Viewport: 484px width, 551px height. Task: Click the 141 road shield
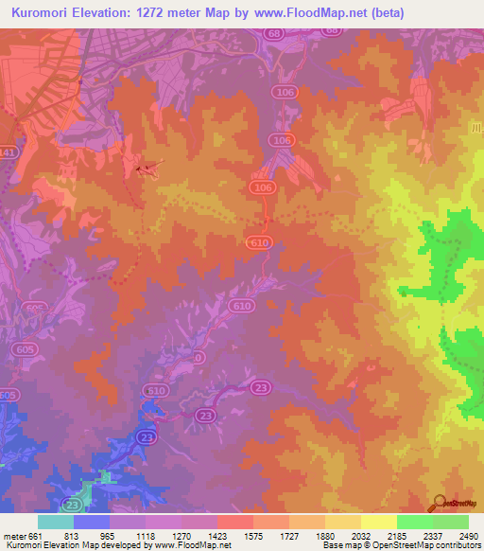8,151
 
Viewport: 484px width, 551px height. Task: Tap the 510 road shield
155,390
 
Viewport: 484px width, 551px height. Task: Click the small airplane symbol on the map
145,169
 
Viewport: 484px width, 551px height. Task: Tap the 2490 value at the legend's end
469,536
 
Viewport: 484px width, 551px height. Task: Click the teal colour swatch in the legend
56,522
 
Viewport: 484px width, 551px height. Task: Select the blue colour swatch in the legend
92,522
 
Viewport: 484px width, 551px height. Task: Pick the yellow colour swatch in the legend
379,522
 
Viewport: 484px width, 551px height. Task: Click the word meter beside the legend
14,536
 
